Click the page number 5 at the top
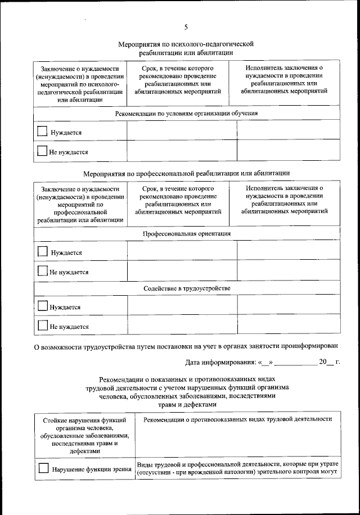186,27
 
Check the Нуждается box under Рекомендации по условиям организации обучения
42,132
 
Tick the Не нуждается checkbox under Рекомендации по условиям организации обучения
42,151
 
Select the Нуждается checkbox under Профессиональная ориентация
42,252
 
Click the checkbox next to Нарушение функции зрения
43,468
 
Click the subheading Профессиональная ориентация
186,233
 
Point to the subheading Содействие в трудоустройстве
186,288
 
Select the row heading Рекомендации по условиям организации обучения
186,112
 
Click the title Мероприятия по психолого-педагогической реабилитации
186,47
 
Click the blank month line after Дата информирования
295,364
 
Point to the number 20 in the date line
322,363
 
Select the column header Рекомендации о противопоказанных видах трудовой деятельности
238,419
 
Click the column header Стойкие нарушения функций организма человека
84,435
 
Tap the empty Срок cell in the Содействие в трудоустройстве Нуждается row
182,307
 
